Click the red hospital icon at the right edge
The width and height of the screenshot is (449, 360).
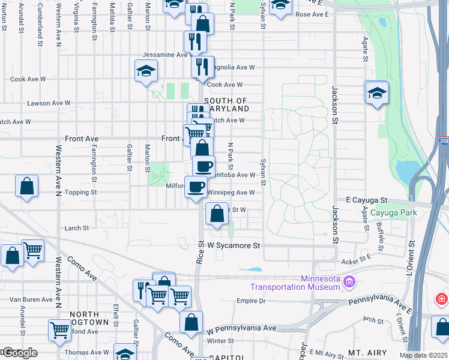tap(442, 298)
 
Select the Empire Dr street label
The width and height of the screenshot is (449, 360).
tap(251, 301)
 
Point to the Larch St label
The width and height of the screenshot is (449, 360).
tap(76, 228)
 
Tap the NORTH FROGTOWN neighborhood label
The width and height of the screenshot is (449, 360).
tap(89, 318)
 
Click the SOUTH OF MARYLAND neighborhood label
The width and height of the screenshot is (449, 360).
tap(226, 105)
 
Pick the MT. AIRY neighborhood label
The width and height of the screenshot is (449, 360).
tap(367, 354)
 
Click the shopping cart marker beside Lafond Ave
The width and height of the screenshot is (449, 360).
tap(59, 329)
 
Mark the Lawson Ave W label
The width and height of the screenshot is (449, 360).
tap(49, 103)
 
